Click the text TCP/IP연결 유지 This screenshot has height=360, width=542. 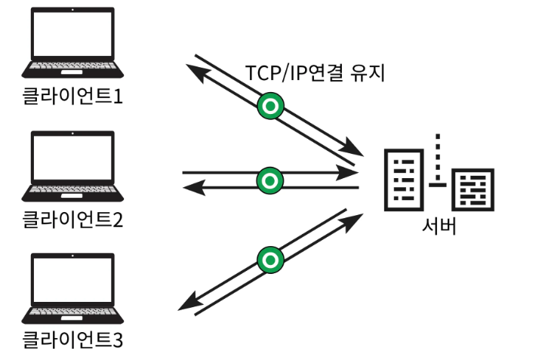316,74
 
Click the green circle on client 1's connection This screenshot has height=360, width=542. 269,106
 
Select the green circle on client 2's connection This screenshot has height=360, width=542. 269,180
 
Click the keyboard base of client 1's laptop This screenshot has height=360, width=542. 72,70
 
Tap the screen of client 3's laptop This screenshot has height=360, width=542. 72,280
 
